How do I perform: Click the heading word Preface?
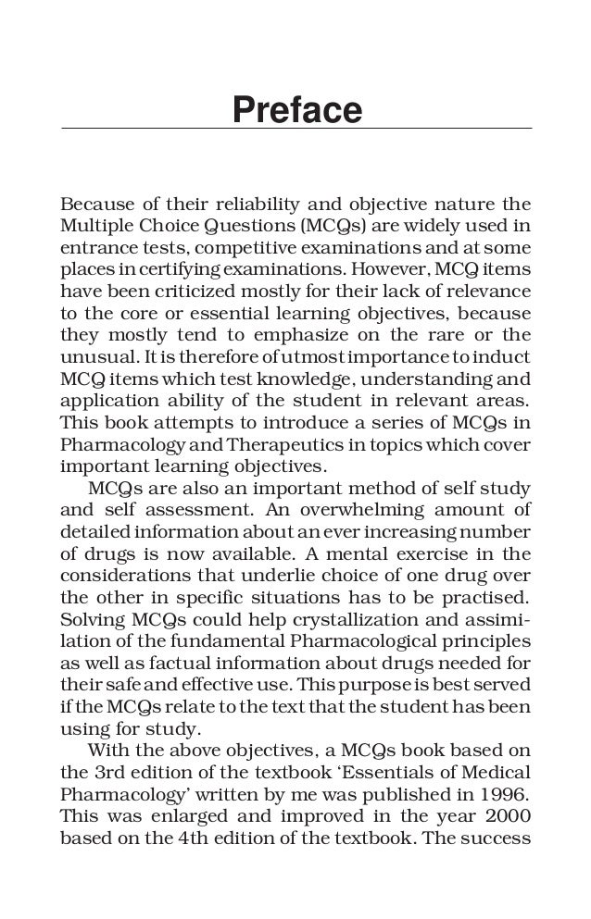(x=295, y=111)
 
